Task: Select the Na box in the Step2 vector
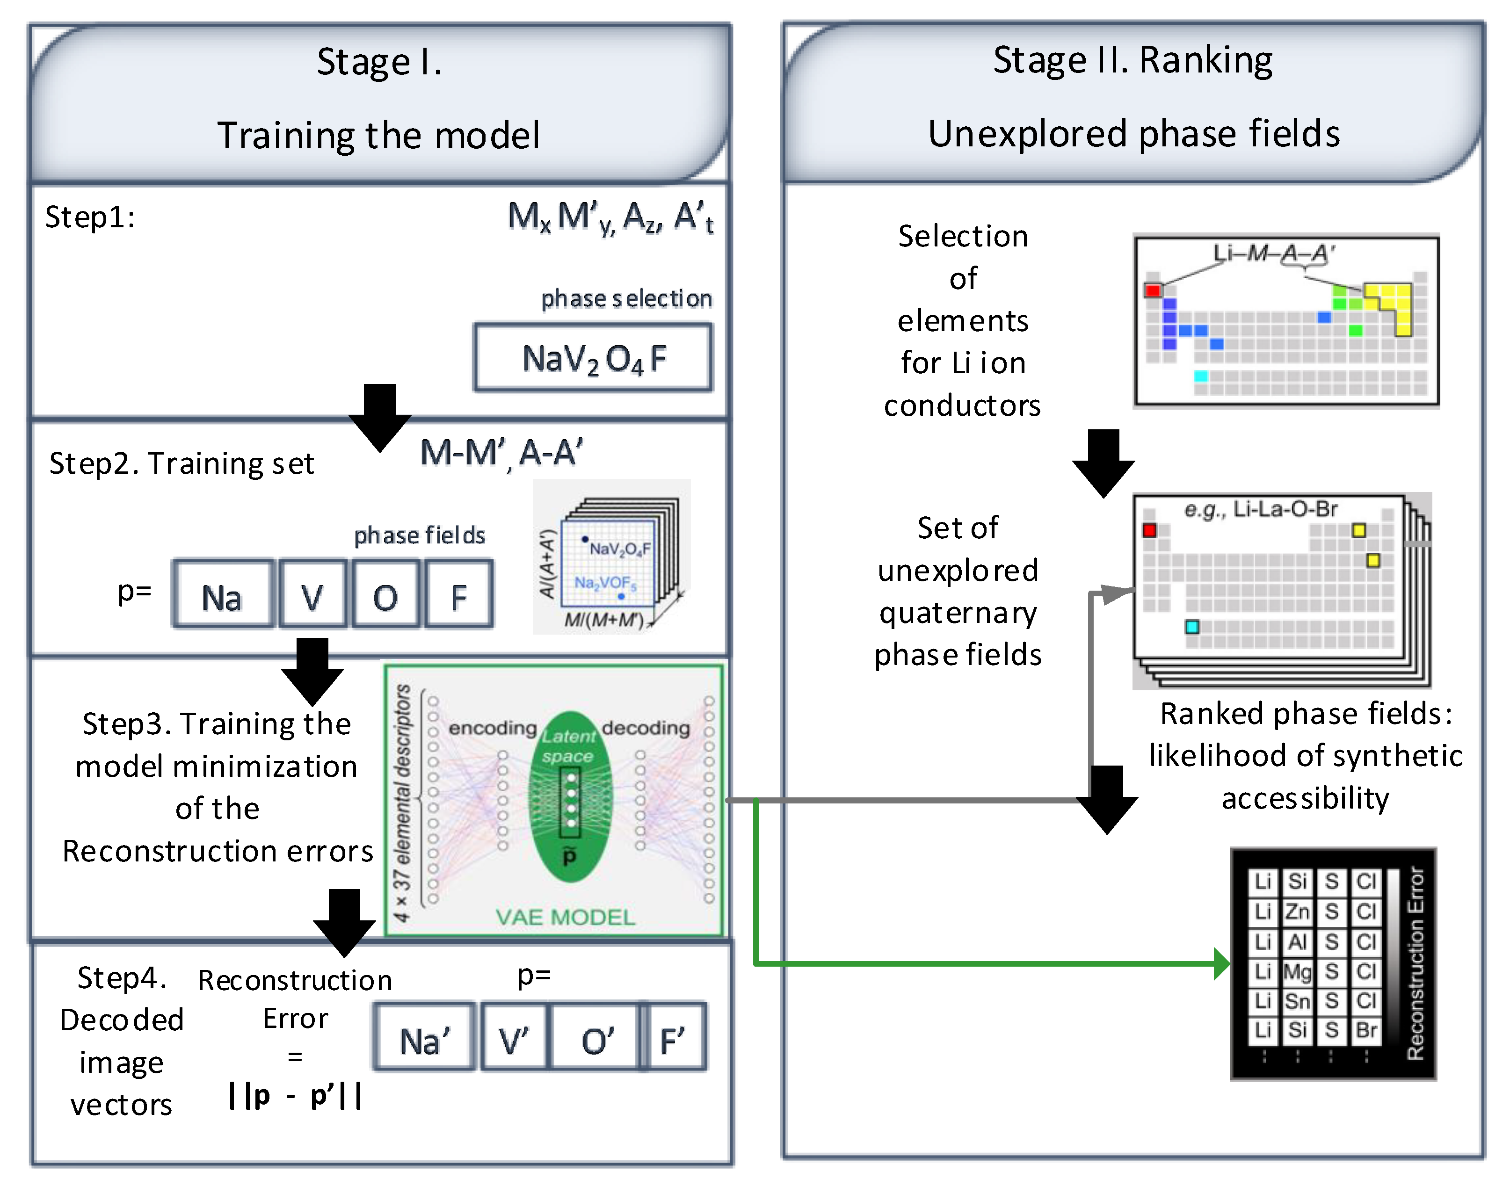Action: click(x=222, y=595)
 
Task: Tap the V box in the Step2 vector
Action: click(x=312, y=595)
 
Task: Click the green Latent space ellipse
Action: click(x=570, y=798)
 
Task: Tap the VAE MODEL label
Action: click(x=565, y=917)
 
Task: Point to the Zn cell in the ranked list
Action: click(x=1297, y=911)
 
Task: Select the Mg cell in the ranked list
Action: click(x=1297, y=971)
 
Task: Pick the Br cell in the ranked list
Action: click(x=1365, y=1030)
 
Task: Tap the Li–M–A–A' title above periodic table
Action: click(x=1273, y=253)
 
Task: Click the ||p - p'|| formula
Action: click(x=295, y=1096)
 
